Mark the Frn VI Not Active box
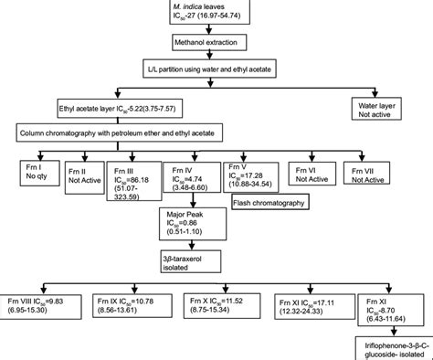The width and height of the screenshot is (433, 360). click(314, 173)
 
